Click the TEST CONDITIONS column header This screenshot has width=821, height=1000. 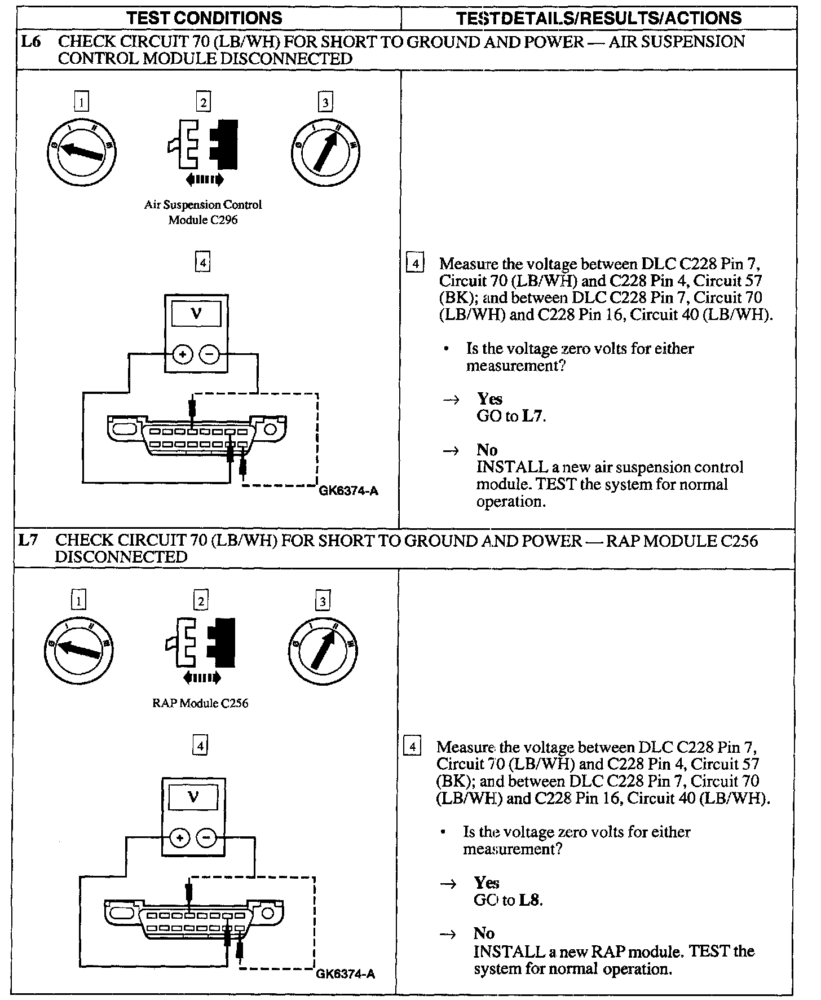tap(204, 17)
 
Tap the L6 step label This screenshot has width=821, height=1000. tap(31, 42)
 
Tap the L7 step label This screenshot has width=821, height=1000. tap(29, 541)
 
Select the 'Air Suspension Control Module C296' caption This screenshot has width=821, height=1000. tap(203, 212)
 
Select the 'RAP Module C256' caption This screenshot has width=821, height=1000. tap(200, 703)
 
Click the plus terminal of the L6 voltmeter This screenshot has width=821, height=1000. tap(183, 354)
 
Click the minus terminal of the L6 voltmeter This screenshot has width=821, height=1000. tap(209, 354)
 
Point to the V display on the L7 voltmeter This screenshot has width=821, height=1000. tap(193, 797)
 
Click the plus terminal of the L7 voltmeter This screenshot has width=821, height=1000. tap(180, 838)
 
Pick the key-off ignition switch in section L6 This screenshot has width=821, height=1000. tap(82, 151)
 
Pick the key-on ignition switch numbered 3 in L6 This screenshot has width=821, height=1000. tap(325, 151)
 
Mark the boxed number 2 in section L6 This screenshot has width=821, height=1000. tap(202, 102)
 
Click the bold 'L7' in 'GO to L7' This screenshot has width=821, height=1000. tap(533, 416)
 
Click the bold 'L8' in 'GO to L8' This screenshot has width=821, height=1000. tap(531, 900)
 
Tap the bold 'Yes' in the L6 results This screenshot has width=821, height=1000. tap(489, 399)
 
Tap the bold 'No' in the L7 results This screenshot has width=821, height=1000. tap(484, 933)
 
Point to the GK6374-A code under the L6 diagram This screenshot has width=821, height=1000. tap(348, 491)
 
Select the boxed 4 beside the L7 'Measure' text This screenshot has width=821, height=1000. tap(413, 747)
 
